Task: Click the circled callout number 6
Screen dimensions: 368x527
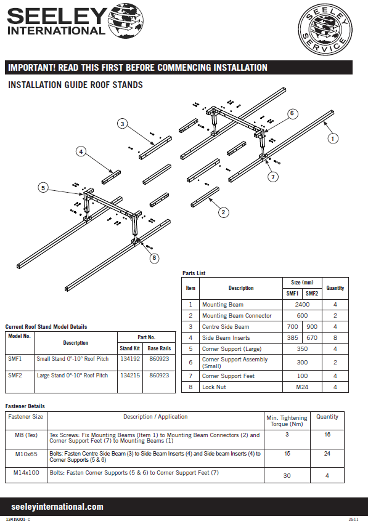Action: [x=292, y=113]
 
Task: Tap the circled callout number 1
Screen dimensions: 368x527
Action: [x=333, y=139]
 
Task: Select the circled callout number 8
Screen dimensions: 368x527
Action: [x=154, y=258]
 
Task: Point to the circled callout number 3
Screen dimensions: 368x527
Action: [x=123, y=124]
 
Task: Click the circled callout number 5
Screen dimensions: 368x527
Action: [x=43, y=188]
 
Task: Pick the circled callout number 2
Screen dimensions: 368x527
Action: [x=223, y=212]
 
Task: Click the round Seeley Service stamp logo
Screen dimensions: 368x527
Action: [x=325, y=30]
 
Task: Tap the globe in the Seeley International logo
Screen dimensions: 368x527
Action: [x=126, y=20]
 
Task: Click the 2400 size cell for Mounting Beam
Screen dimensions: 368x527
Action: [x=302, y=305]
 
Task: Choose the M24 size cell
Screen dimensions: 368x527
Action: [x=302, y=387]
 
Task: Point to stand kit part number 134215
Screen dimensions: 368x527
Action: [x=130, y=375]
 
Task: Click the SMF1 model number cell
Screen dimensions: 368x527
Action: [x=15, y=358]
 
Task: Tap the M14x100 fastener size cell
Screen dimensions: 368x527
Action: [x=27, y=473]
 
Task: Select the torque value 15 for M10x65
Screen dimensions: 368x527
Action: [x=287, y=453]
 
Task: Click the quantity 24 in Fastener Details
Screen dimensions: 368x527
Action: [x=327, y=453]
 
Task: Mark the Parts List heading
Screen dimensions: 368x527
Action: [x=194, y=273]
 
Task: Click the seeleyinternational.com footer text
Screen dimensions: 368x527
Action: [x=57, y=507]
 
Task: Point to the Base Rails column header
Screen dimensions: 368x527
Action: [x=159, y=348]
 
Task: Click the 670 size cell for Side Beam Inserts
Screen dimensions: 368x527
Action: [x=312, y=338]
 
